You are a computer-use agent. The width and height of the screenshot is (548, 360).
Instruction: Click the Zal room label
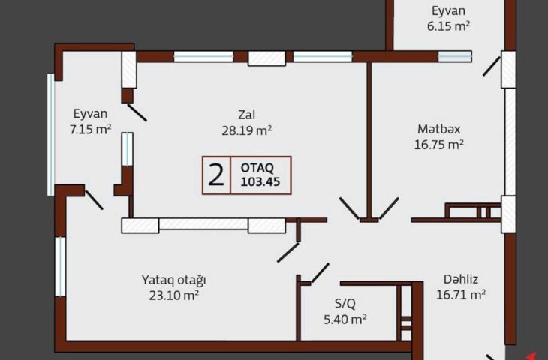pyautogui.click(x=246, y=115)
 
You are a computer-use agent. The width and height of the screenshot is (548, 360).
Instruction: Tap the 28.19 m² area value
pyautogui.click(x=247, y=130)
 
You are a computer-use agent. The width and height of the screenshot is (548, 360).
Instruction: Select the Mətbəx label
pyautogui.click(x=439, y=129)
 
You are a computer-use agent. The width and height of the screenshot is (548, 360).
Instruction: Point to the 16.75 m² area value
pyautogui.click(x=439, y=145)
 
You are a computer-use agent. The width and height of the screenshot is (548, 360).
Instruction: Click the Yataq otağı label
pyautogui.click(x=173, y=280)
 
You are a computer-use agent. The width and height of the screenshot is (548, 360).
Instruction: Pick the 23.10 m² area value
pyautogui.click(x=174, y=295)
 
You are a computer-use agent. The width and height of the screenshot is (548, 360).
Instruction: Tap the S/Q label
pyautogui.click(x=345, y=304)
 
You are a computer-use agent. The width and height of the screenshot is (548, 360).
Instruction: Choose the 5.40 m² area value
pyautogui.click(x=345, y=319)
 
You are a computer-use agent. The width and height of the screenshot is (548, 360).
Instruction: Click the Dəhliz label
pyautogui.click(x=461, y=279)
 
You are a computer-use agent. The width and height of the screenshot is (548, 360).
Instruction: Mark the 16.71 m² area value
pyautogui.click(x=461, y=295)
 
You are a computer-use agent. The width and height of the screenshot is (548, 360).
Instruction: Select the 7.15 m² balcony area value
pyautogui.click(x=91, y=130)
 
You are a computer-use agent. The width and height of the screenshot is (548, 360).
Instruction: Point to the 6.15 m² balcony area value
pyautogui.click(x=448, y=26)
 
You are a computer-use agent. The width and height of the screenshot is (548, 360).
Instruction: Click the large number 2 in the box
pyautogui.click(x=216, y=175)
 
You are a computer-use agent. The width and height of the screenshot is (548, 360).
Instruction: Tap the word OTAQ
pyautogui.click(x=257, y=168)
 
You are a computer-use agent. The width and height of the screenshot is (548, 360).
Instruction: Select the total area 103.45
pyautogui.click(x=260, y=182)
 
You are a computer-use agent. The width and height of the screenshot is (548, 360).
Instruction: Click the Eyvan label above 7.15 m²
pyautogui.click(x=90, y=114)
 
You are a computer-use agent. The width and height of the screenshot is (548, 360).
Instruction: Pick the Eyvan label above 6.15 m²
pyautogui.click(x=448, y=11)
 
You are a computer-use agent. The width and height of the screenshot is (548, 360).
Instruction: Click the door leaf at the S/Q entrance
pyautogui.click(x=320, y=273)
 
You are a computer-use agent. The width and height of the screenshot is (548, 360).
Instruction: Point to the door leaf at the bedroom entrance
pyautogui.click(x=288, y=253)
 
